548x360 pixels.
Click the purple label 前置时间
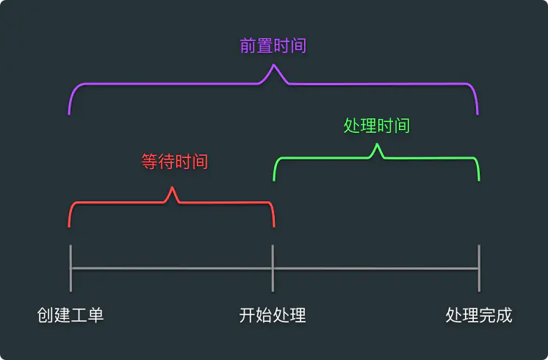pos(273,46)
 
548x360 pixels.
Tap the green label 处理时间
pos(377,126)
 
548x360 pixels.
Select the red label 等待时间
pos(175,162)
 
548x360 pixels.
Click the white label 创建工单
pos(71,315)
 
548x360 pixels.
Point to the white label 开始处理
pos(273,315)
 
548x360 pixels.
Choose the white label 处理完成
pos(479,315)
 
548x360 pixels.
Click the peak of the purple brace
pos(274,67)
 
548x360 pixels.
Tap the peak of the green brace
pos(378,145)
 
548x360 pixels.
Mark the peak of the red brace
pos(173,189)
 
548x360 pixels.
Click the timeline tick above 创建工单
pos(71,268)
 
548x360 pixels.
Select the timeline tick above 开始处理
pos(273,268)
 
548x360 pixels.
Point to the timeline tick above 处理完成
pos(479,268)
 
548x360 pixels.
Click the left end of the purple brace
pos(69,114)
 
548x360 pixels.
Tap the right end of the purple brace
pos(477,114)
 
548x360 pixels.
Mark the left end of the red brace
pos(69,226)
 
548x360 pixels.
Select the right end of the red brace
pos(273,226)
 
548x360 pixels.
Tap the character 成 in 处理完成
pos(504,315)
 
